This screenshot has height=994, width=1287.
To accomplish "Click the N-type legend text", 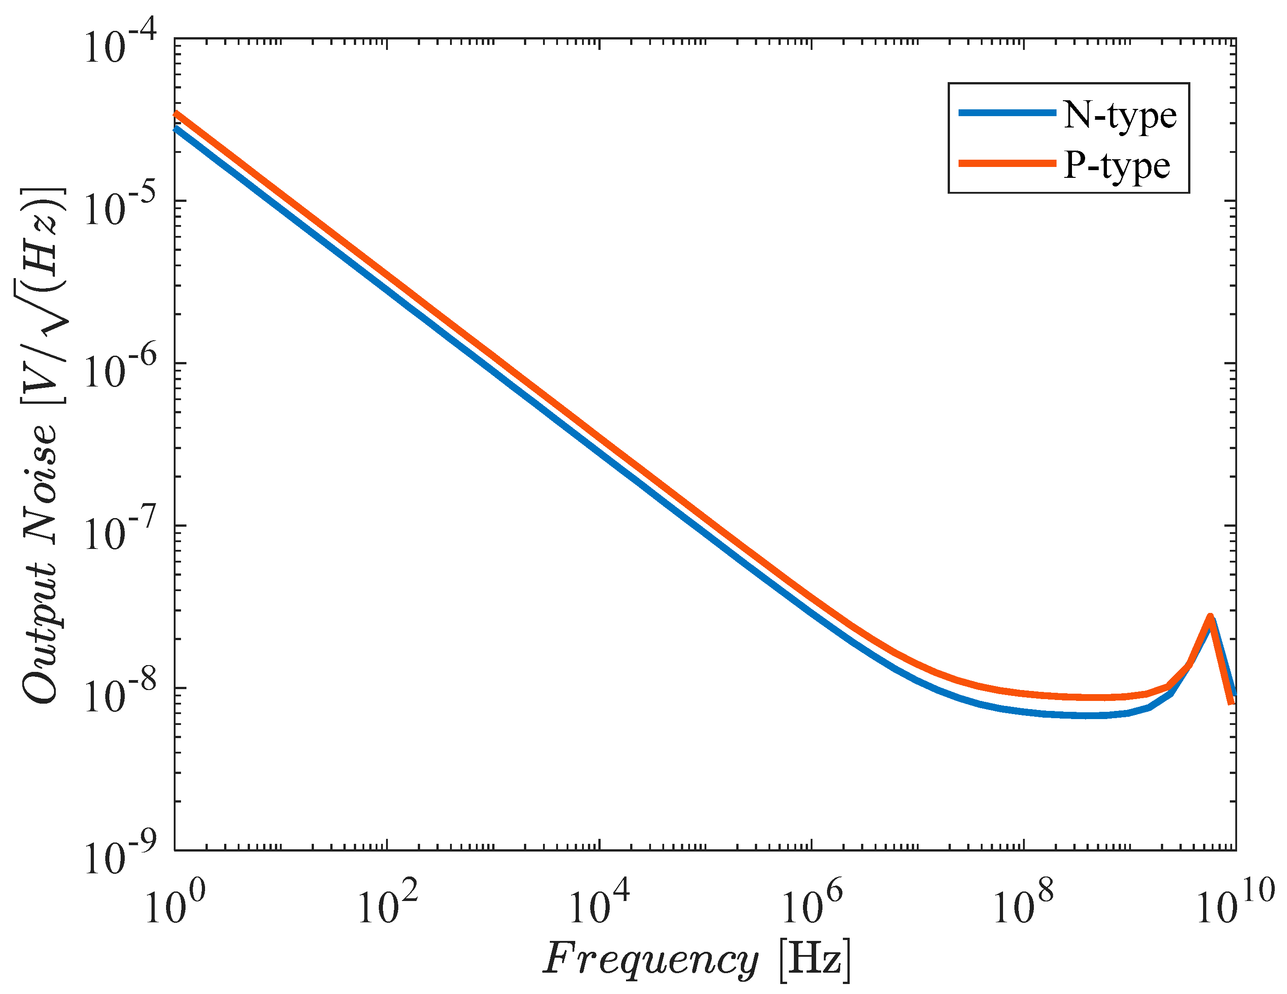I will coord(1120,116).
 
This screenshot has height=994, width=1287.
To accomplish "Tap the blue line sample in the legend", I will coord(1007,113).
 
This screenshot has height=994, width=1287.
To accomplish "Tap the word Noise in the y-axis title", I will coord(41,483).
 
